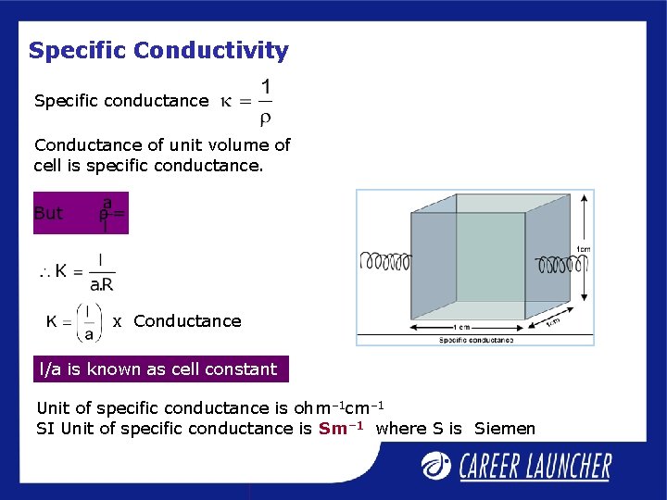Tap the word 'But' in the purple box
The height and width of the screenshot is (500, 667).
48,213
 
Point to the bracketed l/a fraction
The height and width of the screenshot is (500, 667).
89,321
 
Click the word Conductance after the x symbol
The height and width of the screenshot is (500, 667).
187,321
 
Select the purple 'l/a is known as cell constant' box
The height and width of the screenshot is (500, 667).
160,369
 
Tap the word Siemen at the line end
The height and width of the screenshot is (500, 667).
505,428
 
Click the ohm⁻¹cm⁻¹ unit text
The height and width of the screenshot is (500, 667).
338,407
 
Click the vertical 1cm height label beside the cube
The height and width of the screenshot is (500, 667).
583,249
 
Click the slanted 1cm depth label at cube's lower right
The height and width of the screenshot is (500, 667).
552,321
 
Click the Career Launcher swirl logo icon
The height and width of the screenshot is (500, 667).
436,466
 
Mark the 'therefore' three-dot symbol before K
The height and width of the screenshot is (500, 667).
44,271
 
